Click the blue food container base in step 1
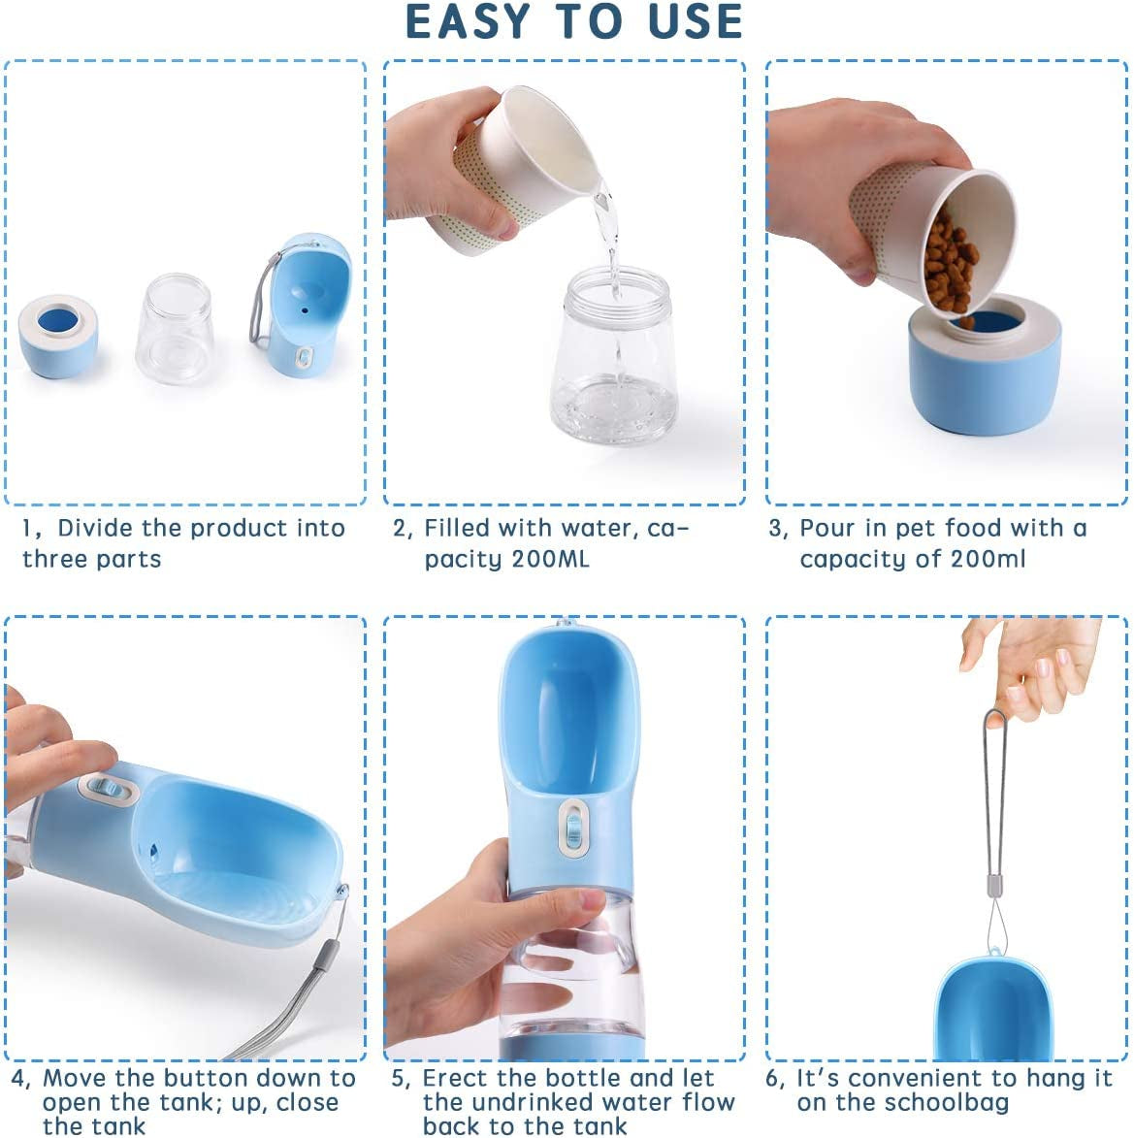coord(58,338)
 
